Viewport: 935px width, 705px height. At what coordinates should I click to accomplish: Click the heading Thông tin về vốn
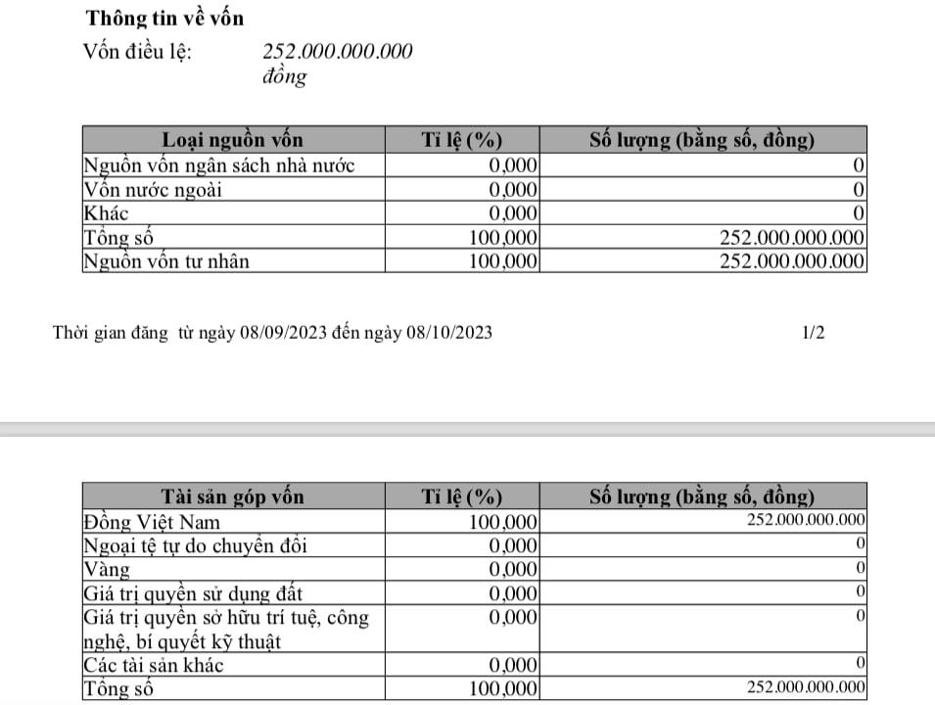click(164, 18)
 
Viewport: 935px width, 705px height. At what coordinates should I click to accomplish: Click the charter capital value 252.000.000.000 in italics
click(337, 51)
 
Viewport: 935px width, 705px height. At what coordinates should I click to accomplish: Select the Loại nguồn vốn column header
click(232, 141)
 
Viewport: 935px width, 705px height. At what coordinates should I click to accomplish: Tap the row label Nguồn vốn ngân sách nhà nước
click(218, 165)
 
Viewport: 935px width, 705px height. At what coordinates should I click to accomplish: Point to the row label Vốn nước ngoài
click(154, 189)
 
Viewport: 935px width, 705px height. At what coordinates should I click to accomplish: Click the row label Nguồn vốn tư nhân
click(167, 260)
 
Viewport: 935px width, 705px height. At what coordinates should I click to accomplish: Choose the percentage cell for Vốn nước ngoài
click(513, 189)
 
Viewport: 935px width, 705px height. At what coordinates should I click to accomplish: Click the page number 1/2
click(813, 333)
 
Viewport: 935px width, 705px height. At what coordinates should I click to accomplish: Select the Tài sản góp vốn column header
click(232, 496)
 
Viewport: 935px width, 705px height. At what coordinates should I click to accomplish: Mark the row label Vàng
click(107, 569)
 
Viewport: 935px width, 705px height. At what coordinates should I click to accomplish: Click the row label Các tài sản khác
click(154, 666)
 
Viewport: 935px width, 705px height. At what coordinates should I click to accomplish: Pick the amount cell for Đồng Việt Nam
click(805, 521)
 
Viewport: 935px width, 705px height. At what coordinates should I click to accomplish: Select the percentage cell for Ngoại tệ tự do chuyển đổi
click(513, 545)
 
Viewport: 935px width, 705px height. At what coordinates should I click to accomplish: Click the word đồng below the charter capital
click(284, 77)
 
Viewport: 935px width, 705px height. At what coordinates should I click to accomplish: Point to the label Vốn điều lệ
click(138, 52)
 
